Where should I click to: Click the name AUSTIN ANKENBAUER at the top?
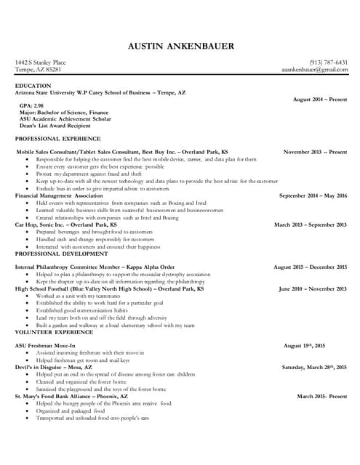tap(180, 46)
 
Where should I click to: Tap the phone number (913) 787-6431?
tap(328, 63)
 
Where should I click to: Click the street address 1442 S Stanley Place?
tap(40, 63)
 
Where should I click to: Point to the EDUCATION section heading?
tap(33, 86)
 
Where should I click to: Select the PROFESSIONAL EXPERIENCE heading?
tap(57, 138)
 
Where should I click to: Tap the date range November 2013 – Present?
tap(315, 152)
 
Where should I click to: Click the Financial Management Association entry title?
tap(59, 196)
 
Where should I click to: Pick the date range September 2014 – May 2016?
tap(313, 196)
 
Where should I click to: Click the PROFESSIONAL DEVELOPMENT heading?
tap(59, 254)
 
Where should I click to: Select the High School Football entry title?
tap(109, 289)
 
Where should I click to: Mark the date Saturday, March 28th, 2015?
tap(314, 367)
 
